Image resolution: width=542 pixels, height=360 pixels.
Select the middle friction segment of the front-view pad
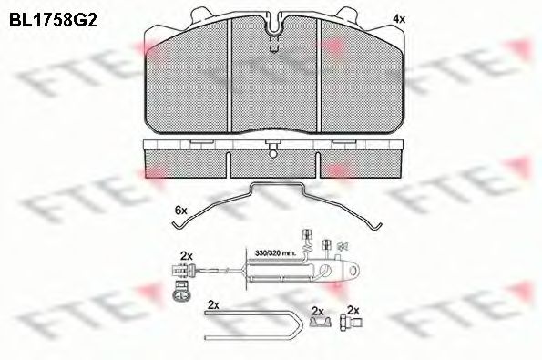coord(275,87)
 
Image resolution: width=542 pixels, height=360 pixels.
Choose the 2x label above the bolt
coord(353,311)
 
